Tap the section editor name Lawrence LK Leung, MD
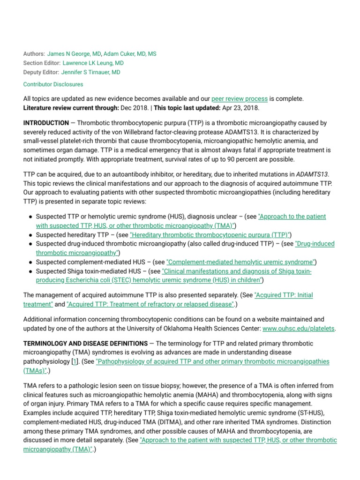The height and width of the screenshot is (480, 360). pos(93,63)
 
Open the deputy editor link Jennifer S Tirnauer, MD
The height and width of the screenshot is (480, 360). pos(90,72)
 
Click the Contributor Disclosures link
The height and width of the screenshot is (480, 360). pos(53,84)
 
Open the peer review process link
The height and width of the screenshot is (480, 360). pos(240,99)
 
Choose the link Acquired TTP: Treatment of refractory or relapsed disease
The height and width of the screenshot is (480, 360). pos(150,304)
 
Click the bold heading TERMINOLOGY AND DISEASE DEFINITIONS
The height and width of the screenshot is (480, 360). pos(85,344)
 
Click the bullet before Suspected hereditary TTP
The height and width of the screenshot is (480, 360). pos(30,235)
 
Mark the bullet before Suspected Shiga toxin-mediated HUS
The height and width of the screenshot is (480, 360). pos(30,271)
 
